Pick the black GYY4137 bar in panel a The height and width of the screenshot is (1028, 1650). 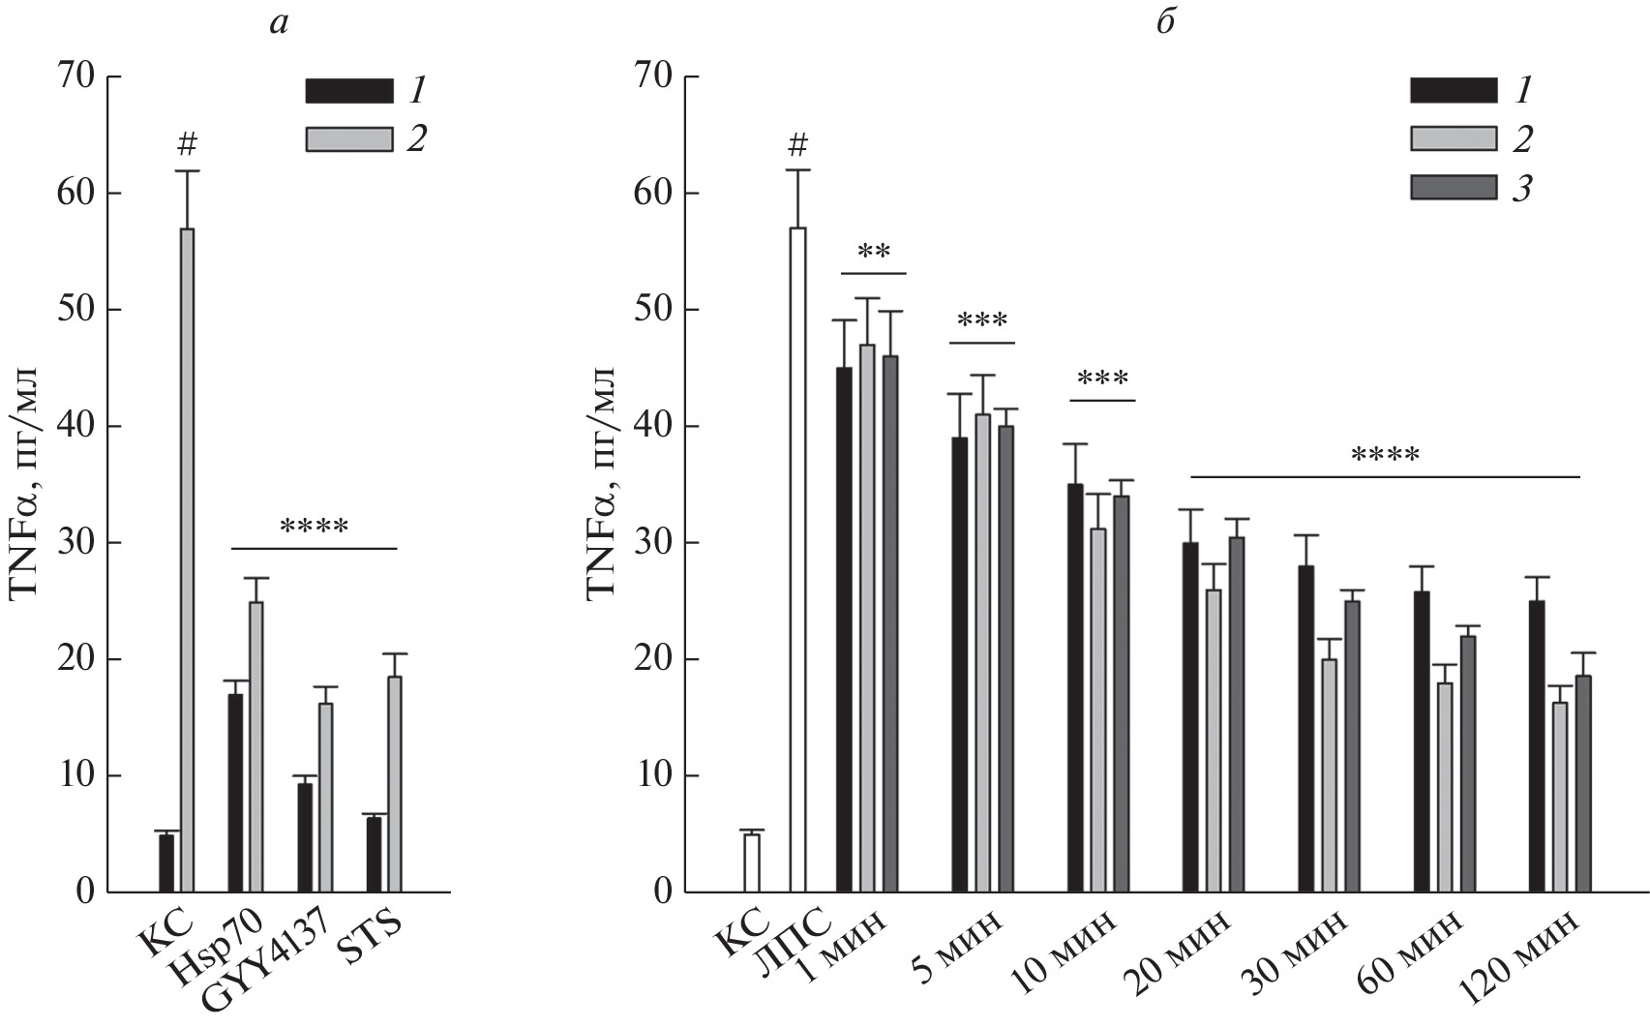pyautogui.click(x=305, y=837)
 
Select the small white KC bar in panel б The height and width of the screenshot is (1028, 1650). pyautogui.click(x=752, y=862)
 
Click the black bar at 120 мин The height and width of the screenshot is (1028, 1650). pyautogui.click(x=1537, y=745)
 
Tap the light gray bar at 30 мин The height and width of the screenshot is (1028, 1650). pyautogui.click(x=1330, y=774)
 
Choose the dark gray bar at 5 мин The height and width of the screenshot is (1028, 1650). pyautogui.click(x=1006, y=658)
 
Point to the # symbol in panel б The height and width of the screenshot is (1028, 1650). pyautogui.click(x=797, y=146)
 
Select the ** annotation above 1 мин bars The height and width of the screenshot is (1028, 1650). pyautogui.click(x=874, y=255)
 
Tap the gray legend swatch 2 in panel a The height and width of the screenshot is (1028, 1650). pyautogui.click(x=348, y=139)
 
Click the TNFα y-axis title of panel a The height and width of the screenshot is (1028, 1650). pyautogui.click(x=26, y=484)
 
